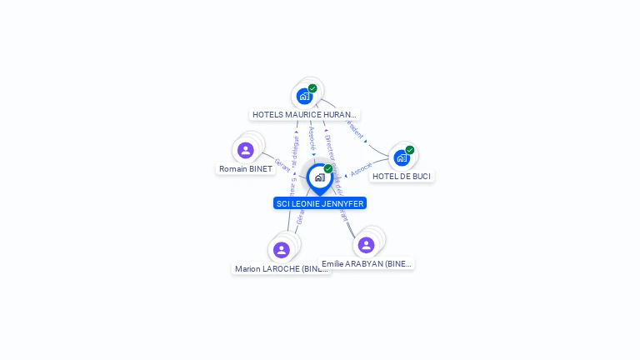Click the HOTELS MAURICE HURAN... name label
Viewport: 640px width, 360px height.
coord(304,114)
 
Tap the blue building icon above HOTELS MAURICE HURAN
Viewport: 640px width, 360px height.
coord(304,96)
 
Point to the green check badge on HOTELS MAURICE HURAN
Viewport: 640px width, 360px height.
coord(312,88)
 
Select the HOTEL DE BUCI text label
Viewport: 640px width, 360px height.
coord(402,176)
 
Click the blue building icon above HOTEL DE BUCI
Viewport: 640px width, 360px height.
coord(402,157)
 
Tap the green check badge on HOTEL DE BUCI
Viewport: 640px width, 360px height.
coord(410,150)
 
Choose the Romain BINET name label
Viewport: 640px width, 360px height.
coord(245,168)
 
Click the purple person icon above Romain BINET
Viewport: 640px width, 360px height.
coord(245,150)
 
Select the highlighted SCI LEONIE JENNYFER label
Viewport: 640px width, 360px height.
coord(320,203)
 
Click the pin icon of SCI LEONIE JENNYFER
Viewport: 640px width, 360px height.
coord(319,177)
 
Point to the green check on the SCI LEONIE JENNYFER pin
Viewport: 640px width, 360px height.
coord(328,169)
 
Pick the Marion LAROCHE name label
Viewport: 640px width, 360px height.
coord(281,268)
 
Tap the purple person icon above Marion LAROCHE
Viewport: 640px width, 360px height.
coord(282,249)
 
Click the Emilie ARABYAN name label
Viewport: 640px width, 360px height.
coord(367,263)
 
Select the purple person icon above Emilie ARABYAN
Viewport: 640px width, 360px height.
coord(366,245)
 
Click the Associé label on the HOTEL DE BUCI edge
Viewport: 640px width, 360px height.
coord(361,169)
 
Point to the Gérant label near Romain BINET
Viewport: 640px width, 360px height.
coord(282,164)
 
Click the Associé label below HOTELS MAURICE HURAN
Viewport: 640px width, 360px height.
coord(312,138)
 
